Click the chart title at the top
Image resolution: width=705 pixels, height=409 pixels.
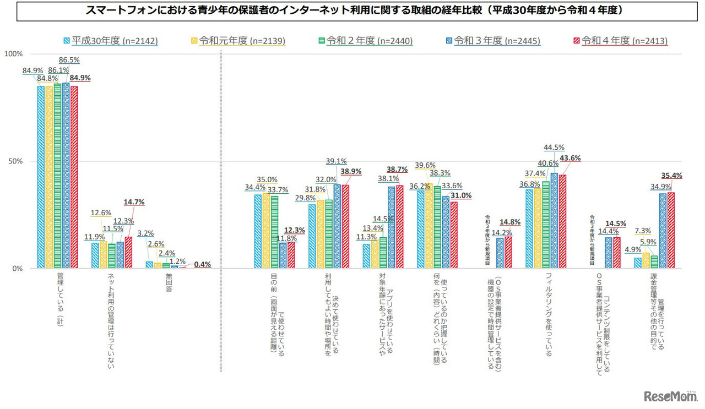[352, 11]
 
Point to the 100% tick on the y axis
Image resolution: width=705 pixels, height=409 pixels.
[13, 54]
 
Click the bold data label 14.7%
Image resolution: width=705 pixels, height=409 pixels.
[133, 203]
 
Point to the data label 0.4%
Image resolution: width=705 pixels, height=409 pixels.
[202, 264]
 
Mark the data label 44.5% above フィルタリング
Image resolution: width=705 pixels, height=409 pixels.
[554, 148]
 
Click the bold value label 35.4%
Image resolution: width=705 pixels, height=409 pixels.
[671, 176]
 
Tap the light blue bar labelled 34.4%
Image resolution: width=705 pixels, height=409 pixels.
[258, 231]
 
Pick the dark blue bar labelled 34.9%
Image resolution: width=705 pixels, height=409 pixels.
[663, 231]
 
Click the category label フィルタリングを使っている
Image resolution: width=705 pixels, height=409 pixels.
[547, 314]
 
